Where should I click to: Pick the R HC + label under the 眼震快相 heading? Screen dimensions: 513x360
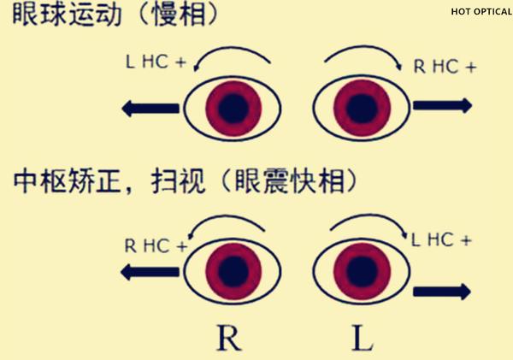(156, 245)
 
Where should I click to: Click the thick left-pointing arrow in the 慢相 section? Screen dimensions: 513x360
(150, 107)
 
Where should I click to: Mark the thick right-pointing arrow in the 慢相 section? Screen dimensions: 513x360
(442, 105)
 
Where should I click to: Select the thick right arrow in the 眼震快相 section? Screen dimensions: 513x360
(442, 292)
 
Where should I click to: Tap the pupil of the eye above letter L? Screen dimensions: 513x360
(360, 271)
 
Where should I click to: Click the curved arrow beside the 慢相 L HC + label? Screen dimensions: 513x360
(231, 59)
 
